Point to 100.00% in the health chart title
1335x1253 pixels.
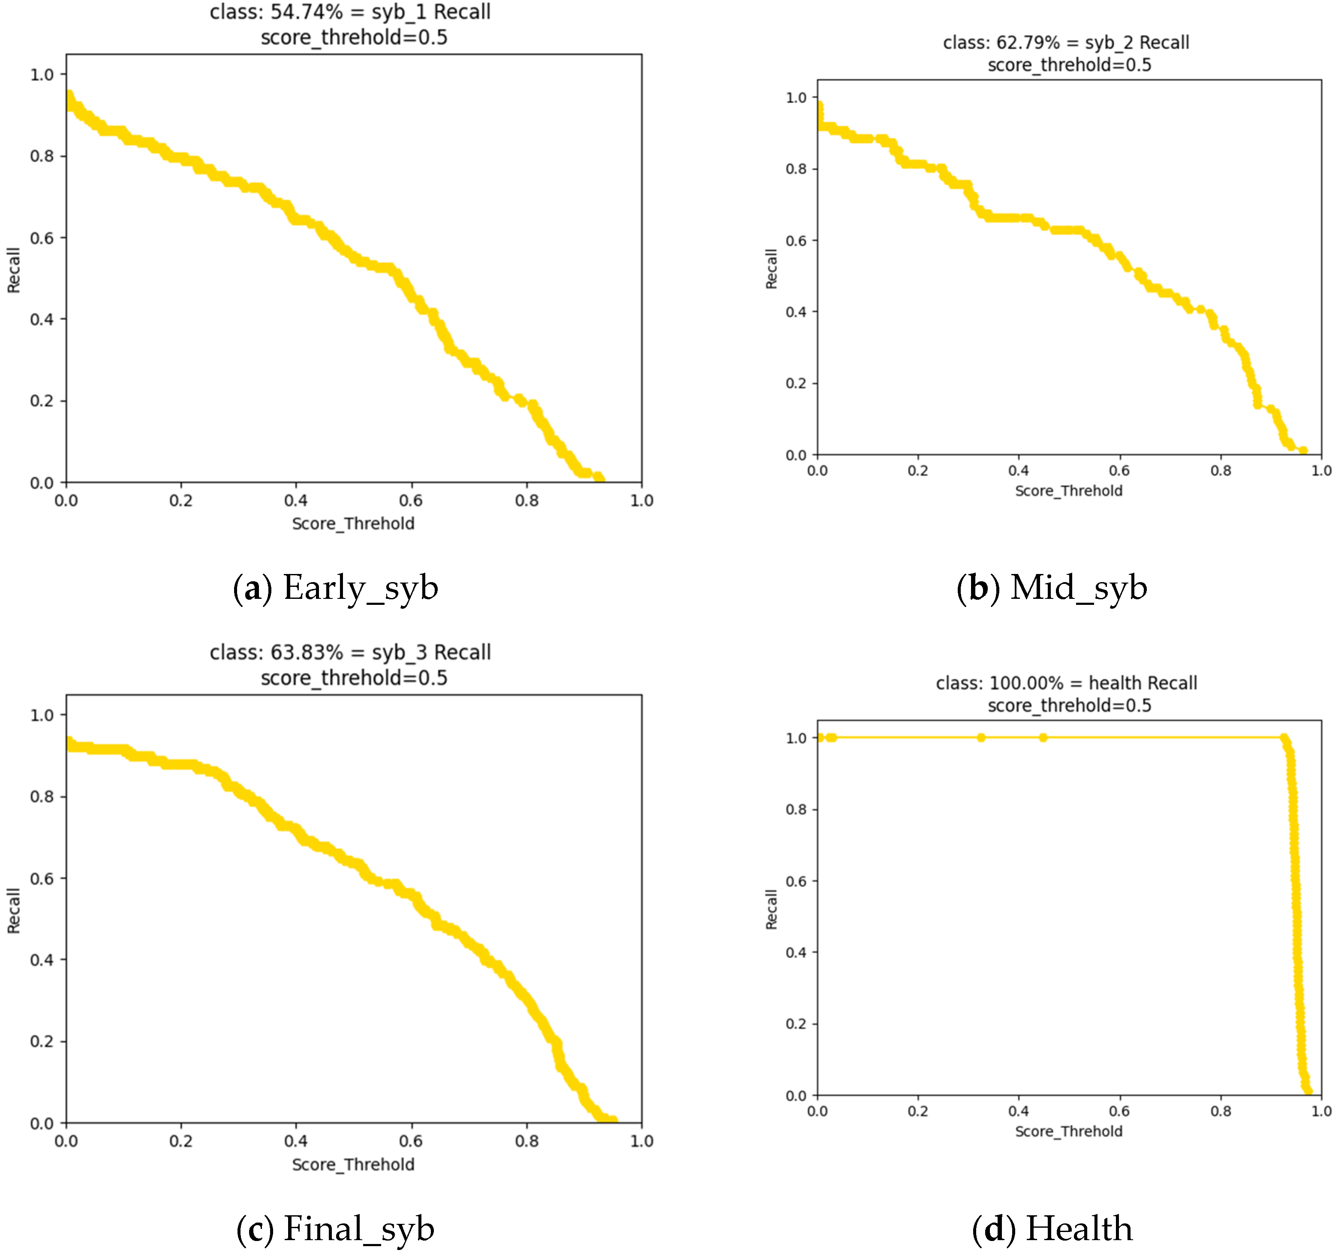coord(1026,684)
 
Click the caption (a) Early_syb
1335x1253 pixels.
coord(336,588)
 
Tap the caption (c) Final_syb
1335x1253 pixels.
coord(336,1229)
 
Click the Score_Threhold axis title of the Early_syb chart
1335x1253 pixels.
coord(353,524)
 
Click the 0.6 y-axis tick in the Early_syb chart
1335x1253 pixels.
coord(42,238)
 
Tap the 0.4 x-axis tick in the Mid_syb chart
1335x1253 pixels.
coord(1019,471)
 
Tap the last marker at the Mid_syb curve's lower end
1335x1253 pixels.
coord(1303,451)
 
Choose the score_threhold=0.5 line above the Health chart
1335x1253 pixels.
coord(1069,706)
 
